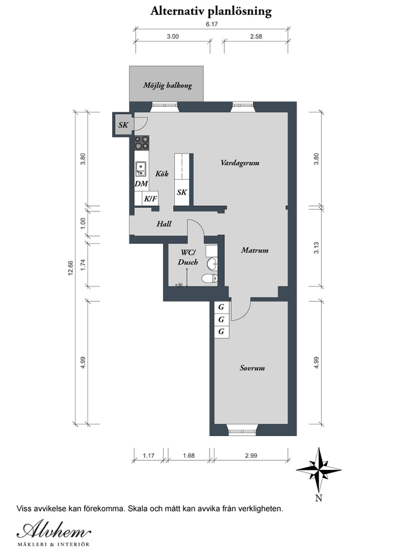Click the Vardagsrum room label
pos(240,163)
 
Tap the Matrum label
pos(255,250)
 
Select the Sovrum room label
pos(253,368)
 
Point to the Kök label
pos(162,174)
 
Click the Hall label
pos(164,224)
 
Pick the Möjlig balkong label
pos(168,85)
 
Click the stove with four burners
pos(141,143)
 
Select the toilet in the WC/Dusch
pos(210,278)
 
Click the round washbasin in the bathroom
pos(213,263)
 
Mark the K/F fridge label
pos(150,199)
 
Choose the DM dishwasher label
pos(141,184)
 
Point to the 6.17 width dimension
pos(211,24)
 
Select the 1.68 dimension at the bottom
pos(189,456)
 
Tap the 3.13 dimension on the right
pos(316,248)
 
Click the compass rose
pos(319,469)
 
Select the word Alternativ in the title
pos(177,11)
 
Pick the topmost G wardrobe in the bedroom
pos(221,307)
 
